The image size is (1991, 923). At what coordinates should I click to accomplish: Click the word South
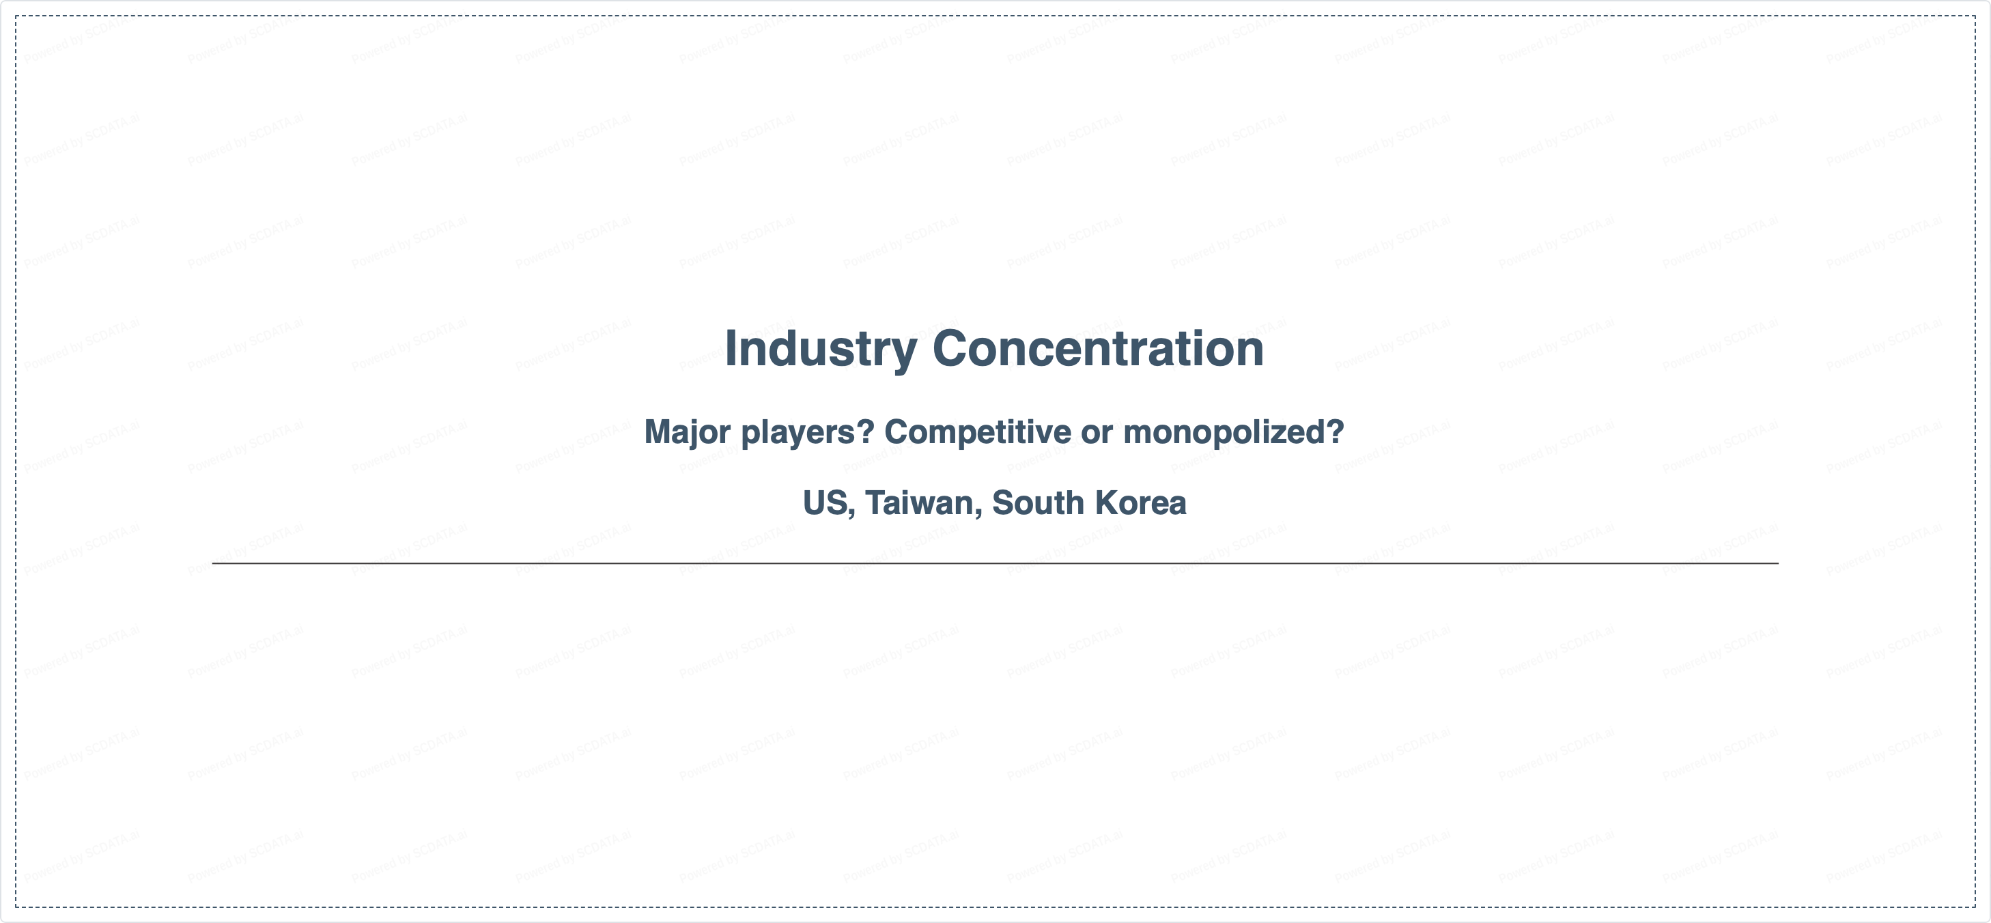[x=1038, y=502]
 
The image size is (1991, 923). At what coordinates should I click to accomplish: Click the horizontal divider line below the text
[x=995, y=563]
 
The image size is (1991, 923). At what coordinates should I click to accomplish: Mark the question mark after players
[x=866, y=431]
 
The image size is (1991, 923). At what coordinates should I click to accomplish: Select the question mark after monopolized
[x=1336, y=431]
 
